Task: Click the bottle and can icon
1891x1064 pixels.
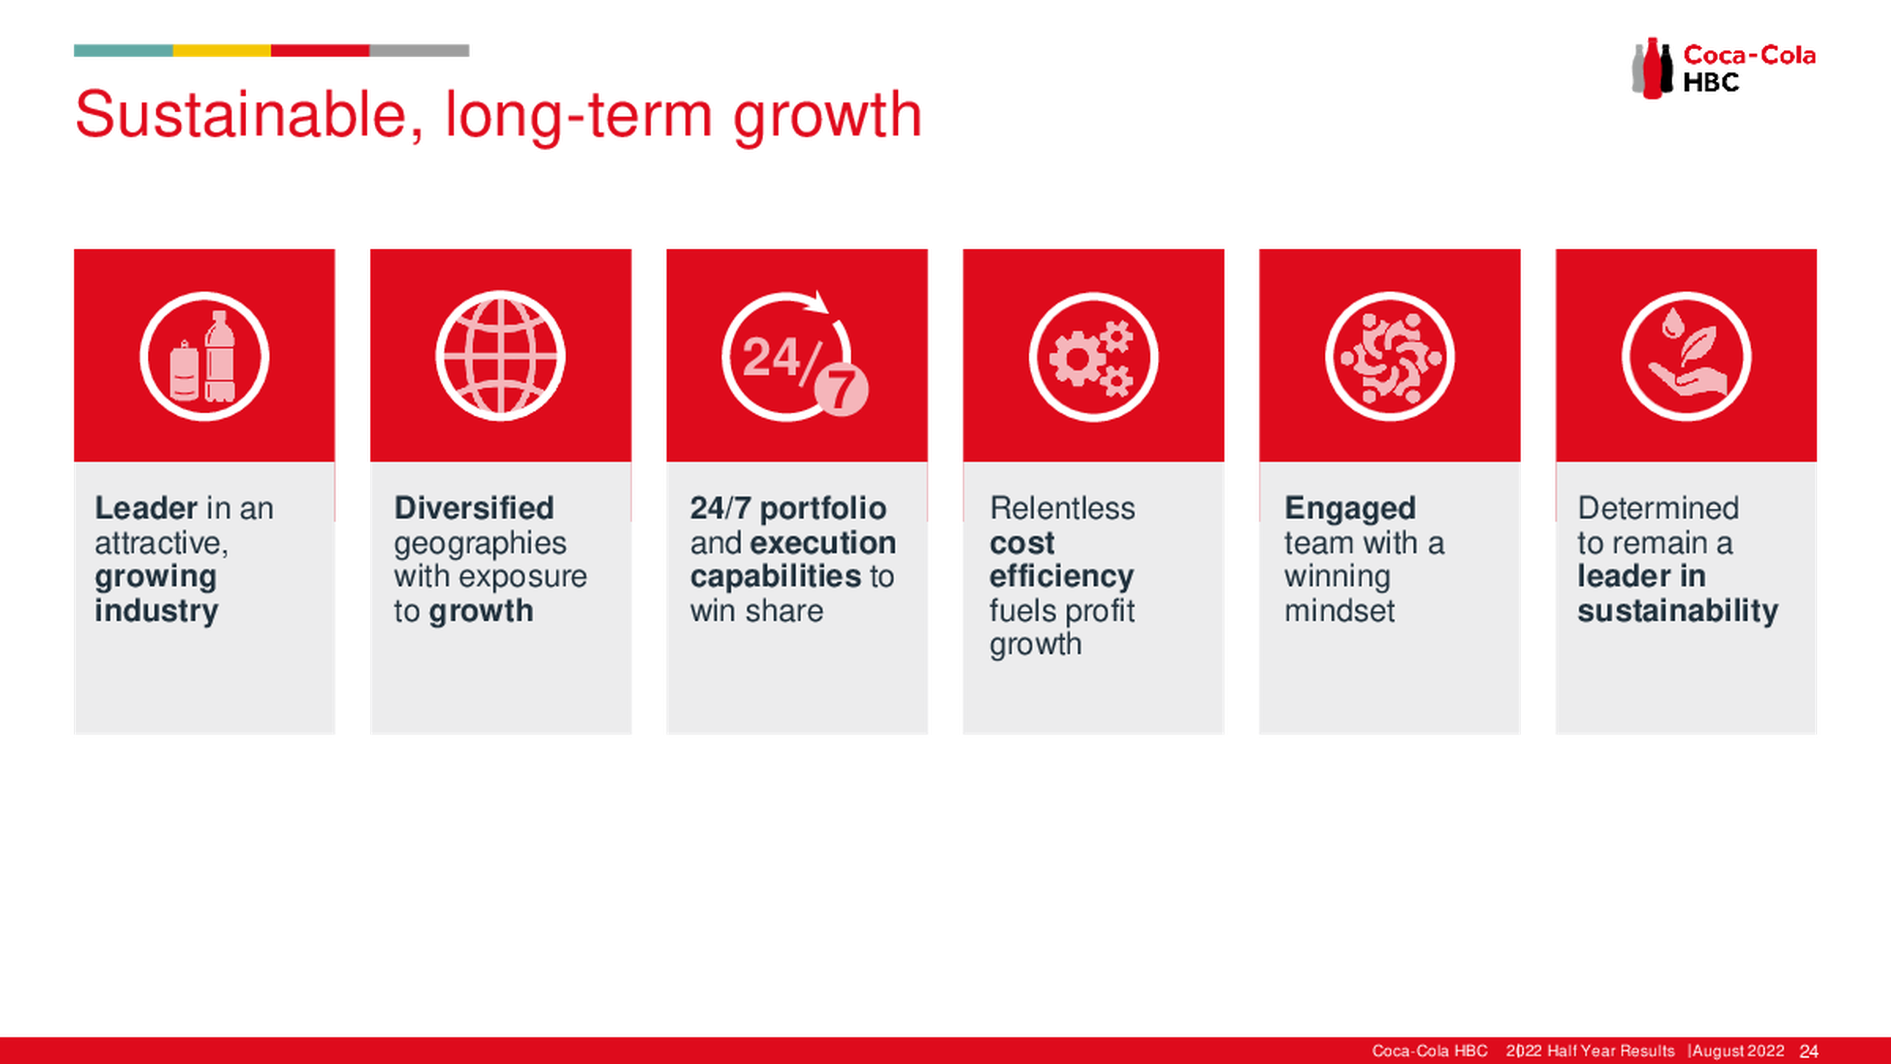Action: click(x=204, y=356)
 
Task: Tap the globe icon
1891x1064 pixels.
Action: click(x=501, y=356)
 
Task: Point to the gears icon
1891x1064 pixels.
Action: click(x=1093, y=357)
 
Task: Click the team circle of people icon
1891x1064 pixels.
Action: click(x=1390, y=357)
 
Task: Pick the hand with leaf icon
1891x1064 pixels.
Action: click(x=1686, y=357)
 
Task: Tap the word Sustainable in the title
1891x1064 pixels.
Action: click(x=240, y=115)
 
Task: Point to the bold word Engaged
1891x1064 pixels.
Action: click(x=1350, y=509)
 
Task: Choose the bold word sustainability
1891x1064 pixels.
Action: click(x=1677, y=611)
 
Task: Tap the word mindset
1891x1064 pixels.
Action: click(x=1339, y=610)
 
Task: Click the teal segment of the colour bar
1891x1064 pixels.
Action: click(x=123, y=51)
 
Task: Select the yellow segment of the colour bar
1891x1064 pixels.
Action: click(x=222, y=51)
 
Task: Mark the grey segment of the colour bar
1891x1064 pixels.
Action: click(x=419, y=51)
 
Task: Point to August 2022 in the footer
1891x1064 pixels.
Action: click(x=1738, y=1051)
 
